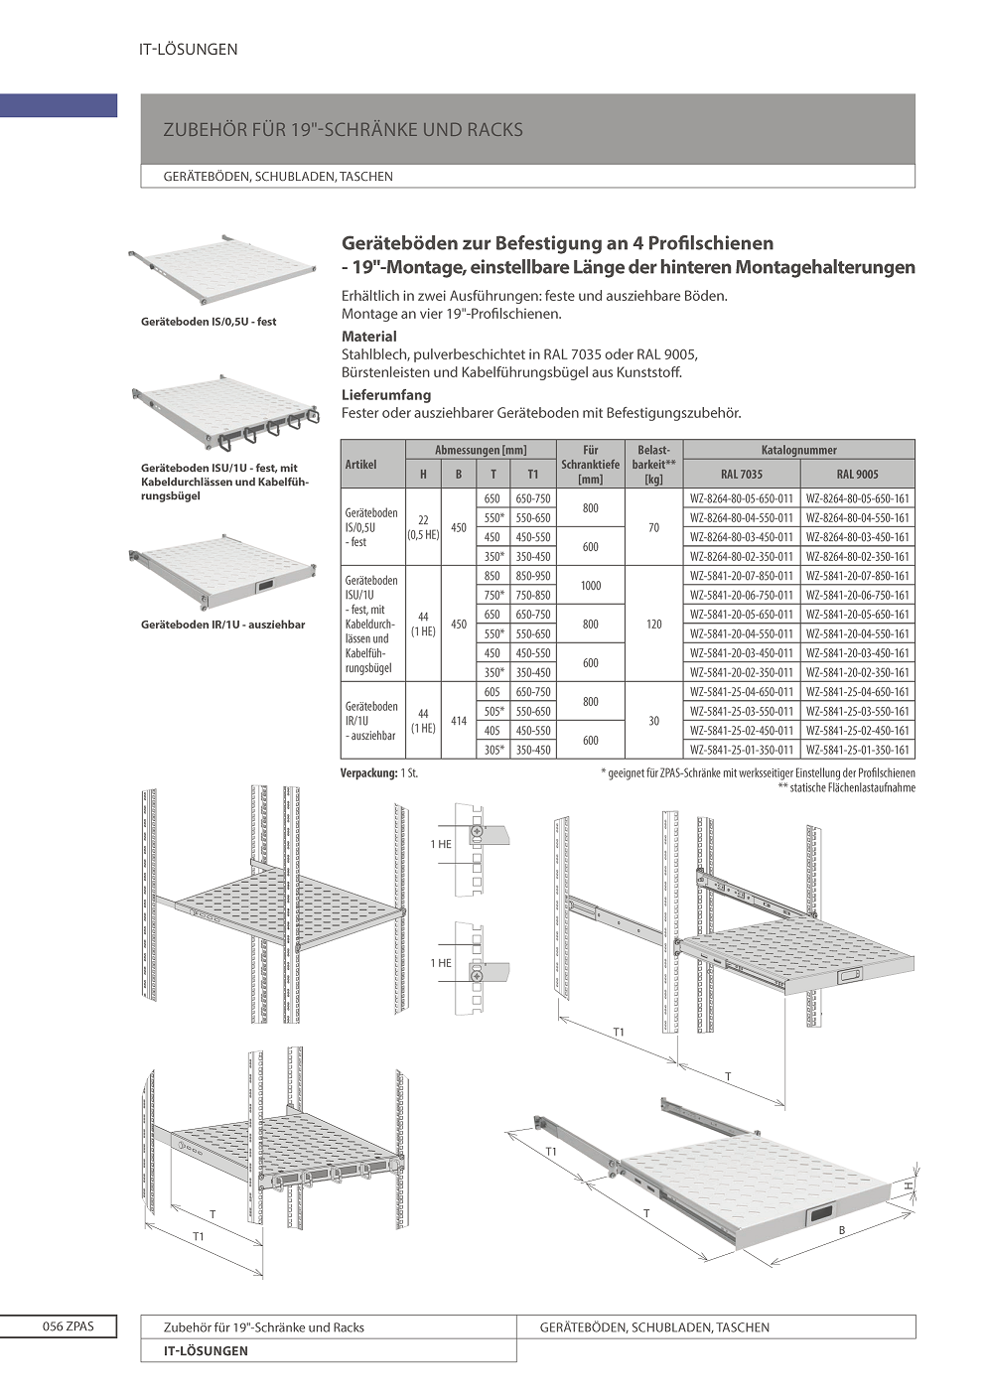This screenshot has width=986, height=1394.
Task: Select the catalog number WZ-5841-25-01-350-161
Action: [x=857, y=750]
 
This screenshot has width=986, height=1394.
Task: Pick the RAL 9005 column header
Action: [x=857, y=474]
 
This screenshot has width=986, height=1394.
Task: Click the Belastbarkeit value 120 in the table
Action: [x=653, y=625]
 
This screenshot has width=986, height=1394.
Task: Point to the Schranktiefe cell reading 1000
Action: [x=591, y=586]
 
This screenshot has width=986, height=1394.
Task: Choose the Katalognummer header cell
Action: [x=798, y=450]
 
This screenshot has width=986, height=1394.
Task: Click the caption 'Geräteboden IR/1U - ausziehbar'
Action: [x=223, y=625]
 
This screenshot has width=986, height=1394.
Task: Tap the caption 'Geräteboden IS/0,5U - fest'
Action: [x=209, y=322]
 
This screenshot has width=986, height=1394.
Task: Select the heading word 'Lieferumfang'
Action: [x=386, y=395]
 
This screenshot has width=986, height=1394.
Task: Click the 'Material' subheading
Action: [x=369, y=337]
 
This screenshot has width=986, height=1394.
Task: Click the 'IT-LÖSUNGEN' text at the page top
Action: [x=189, y=50]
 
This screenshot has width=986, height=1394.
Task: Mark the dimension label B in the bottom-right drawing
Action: [x=842, y=1231]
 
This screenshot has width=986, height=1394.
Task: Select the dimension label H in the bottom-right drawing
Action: [x=908, y=1186]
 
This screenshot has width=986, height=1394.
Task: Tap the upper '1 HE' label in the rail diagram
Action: [x=441, y=844]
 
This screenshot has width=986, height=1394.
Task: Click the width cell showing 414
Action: [x=459, y=721]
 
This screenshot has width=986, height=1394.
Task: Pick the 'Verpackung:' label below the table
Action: [x=369, y=772]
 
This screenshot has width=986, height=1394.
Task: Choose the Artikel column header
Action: [x=361, y=464]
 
